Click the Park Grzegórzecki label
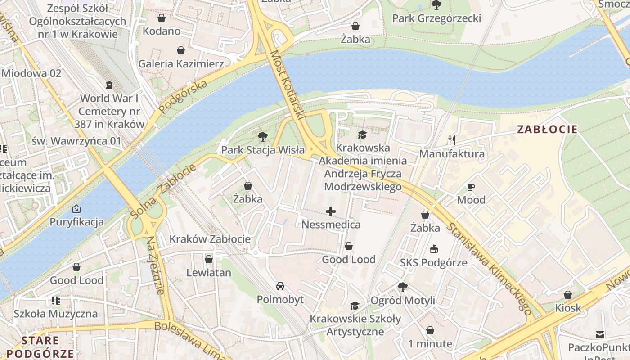436,18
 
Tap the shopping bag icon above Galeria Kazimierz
180,50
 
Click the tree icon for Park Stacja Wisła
262,137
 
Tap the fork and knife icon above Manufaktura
452,140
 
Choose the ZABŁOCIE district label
547,130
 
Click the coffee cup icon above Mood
471,187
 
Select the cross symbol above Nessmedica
331,211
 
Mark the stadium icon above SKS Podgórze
433,249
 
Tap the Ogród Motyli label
403,300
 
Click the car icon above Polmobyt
280,286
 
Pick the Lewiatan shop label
209,272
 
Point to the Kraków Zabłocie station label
210,238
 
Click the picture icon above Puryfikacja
76,209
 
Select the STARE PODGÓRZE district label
40,346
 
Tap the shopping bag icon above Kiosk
568,295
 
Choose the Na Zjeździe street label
154,265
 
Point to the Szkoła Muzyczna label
55,313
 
